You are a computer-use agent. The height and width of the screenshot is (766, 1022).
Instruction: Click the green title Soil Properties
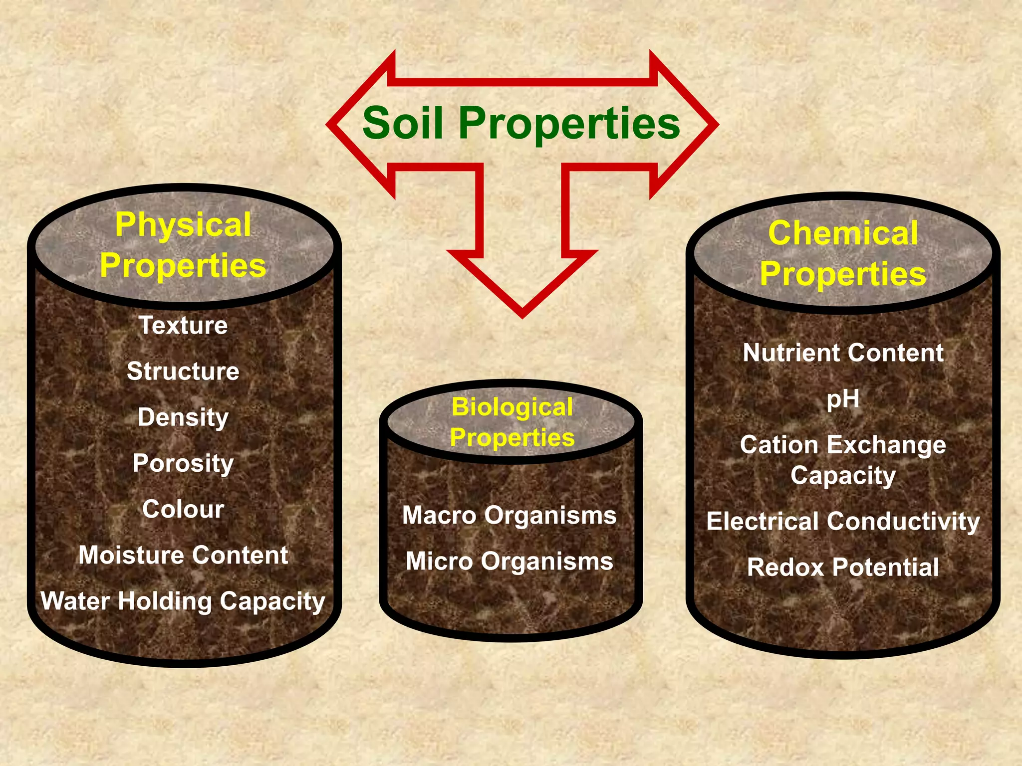click(x=521, y=123)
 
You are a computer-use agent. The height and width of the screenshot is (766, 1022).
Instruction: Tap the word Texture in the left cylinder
click(x=183, y=325)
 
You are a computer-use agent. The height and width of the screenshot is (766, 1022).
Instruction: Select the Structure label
click(x=183, y=371)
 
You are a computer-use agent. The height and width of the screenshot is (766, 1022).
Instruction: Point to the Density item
click(x=183, y=417)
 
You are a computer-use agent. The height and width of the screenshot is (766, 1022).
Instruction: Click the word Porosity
click(x=183, y=463)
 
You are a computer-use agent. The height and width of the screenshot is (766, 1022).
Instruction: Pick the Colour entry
click(x=183, y=509)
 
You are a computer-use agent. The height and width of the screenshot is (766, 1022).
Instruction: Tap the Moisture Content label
click(x=183, y=555)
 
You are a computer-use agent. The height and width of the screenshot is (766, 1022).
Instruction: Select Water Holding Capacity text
click(x=183, y=601)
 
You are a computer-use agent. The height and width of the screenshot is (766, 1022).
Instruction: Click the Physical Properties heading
click(x=183, y=245)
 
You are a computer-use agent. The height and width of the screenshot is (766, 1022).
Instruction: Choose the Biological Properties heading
click(x=512, y=422)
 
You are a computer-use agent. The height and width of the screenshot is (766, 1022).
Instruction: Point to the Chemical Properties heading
click(x=843, y=253)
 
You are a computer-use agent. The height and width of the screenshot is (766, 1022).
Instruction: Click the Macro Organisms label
click(x=510, y=515)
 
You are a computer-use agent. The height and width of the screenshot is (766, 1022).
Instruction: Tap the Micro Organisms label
click(x=510, y=562)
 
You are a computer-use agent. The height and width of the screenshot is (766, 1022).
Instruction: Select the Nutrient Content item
click(x=843, y=353)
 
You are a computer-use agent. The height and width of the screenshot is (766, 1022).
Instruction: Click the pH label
click(x=843, y=399)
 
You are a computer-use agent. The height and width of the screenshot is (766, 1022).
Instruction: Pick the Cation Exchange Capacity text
click(x=843, y=460)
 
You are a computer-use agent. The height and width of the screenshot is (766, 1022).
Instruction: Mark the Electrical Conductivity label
click(x=843, y=522)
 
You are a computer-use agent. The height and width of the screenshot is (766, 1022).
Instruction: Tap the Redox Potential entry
click(x=843, y=568)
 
